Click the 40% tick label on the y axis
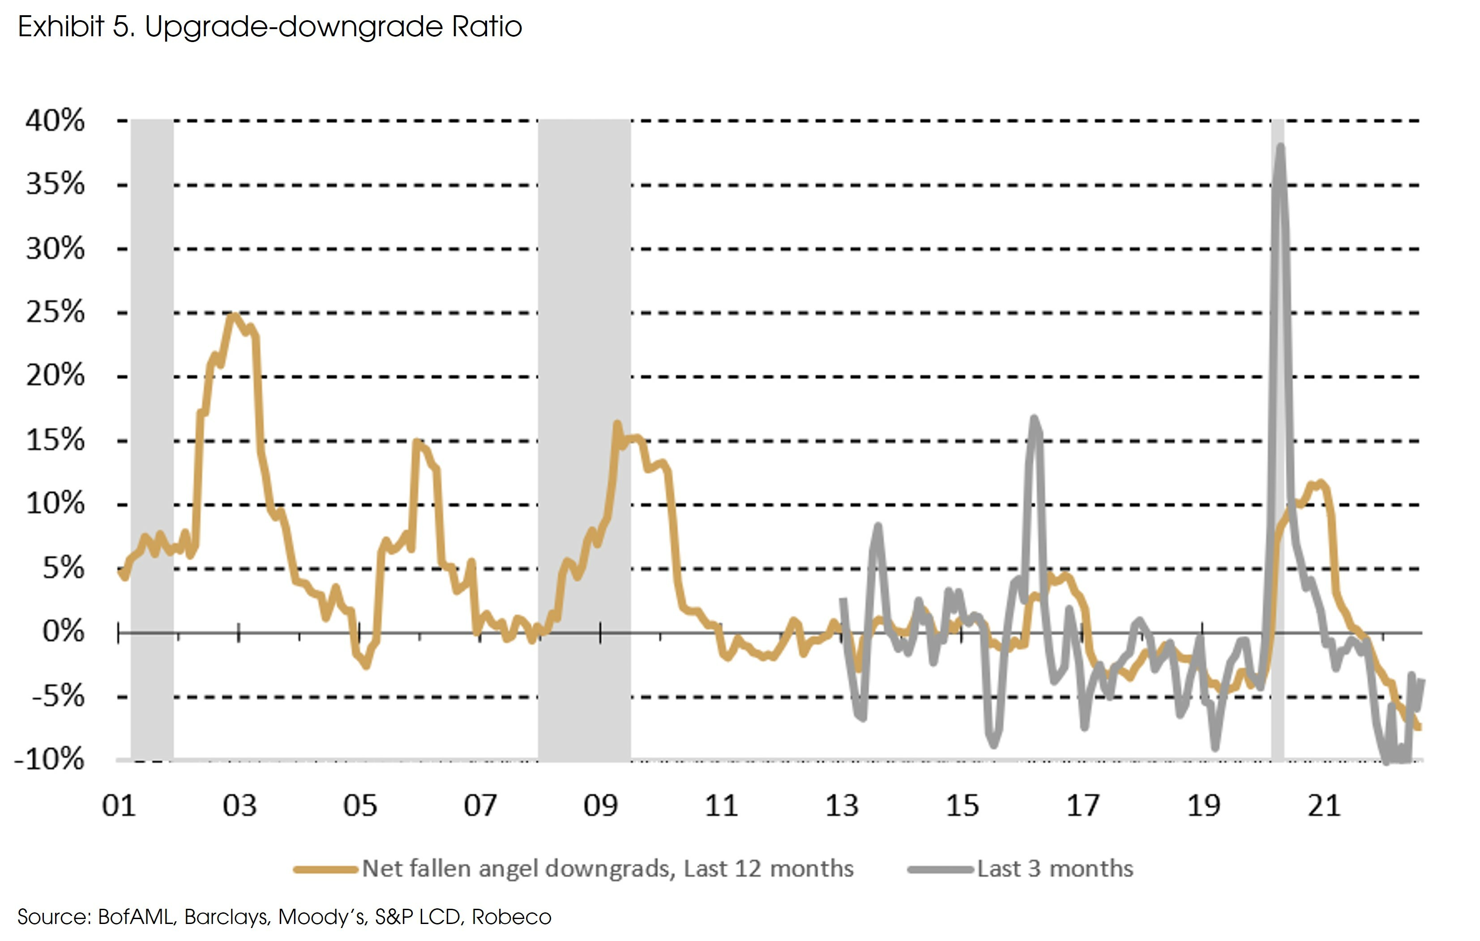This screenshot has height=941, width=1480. (x=55, y=120)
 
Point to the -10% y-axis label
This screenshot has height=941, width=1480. (x=49, y=760)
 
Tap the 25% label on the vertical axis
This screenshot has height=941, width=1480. (x=55, y=312)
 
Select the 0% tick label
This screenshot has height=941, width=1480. (x=63, y=631)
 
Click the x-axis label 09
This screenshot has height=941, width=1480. (x=600, y=806)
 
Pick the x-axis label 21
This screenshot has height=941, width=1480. (x=1323, y=806)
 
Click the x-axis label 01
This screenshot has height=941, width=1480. (x=119, y=806)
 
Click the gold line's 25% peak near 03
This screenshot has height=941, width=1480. (x=233, y=315)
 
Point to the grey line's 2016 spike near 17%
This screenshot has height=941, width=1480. (x=1035, y=419)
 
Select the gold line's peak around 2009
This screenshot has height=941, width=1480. (x=617, y=423)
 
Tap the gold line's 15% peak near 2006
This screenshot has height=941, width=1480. (x=417, y=441)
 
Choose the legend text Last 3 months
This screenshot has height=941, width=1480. (x=1055, y=868)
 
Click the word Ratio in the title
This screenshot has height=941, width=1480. (x=487, y=27)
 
